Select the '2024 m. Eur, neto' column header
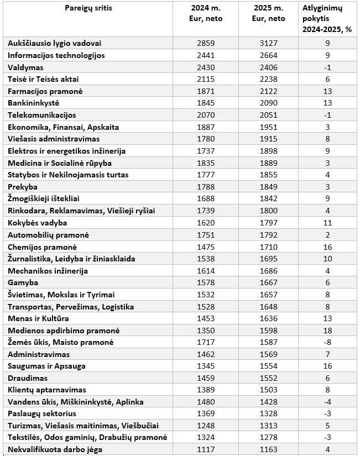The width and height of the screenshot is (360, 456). (x=205, y=14)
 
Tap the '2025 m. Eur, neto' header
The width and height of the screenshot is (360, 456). (x=268, y=14)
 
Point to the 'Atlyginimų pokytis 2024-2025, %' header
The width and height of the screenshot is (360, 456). (x=327, y=19)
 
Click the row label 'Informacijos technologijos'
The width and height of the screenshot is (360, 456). (x=56, y=55)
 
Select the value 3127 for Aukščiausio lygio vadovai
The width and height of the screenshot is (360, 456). (x=268, y=43)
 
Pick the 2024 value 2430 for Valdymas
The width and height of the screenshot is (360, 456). (x=205, y=67)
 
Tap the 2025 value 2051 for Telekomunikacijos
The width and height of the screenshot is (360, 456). (x=268, y=115)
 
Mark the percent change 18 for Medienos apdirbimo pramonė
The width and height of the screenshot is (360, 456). (x=327, y=331)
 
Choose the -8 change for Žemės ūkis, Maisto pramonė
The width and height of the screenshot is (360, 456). (x=327, y=343)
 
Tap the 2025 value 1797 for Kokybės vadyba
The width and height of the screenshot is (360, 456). (x=268, y=223)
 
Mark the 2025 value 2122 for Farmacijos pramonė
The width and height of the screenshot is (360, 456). (x=268, y=91)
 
